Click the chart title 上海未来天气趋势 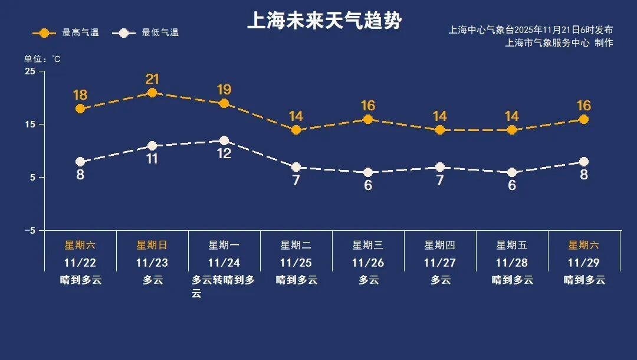click(324, 21)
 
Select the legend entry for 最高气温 click(65, 32)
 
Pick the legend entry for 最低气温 click(149, 32)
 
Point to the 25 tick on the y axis click(29, 71)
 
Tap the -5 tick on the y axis click(29, 231)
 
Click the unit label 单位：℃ click(42, 58)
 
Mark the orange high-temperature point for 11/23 click(152, 93)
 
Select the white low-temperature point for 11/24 click(224, 140)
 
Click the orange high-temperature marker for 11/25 click(296, 130)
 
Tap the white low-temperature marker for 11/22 click(80, 162)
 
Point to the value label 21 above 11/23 click(152, 79)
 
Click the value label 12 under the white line click(224, 153)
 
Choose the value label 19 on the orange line click(224, 90)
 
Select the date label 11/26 click(368, 263)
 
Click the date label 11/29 click(584, 263)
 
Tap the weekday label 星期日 click(152, 245)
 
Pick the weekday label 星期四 click(440, 245)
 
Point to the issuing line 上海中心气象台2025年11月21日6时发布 click(531, 30)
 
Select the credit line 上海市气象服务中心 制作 click(559, 42)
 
